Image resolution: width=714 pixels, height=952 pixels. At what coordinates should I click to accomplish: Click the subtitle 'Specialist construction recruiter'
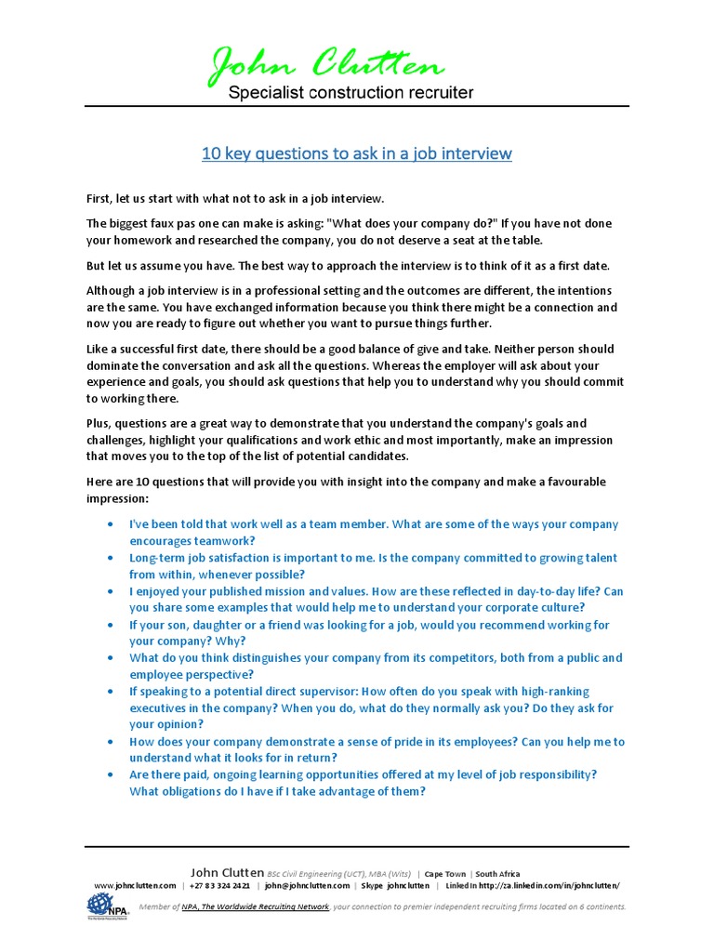(x=350, y=92)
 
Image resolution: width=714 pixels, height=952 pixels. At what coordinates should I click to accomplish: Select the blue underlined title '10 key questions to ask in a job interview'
(x=357, y=152)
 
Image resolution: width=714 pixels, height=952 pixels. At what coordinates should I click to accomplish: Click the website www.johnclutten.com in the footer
(x=135, y=886)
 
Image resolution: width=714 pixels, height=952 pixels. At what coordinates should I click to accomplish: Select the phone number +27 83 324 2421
(x=219, y=886)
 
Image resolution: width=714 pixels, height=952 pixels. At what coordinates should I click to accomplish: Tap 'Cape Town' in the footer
(x=444, y=874)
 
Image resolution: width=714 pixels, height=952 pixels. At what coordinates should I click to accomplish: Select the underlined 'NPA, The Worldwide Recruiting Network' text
(x=256, y=906)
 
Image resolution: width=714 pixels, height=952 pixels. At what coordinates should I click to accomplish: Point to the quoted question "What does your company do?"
(x=409, y=223)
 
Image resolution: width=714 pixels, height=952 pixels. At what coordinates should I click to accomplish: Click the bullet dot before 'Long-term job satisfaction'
(x=112, y=558)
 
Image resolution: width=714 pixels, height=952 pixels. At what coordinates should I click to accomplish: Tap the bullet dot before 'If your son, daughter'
(x=112, y=625)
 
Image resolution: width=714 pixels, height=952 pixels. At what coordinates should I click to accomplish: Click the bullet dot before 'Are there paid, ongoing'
(x=112, y=774)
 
